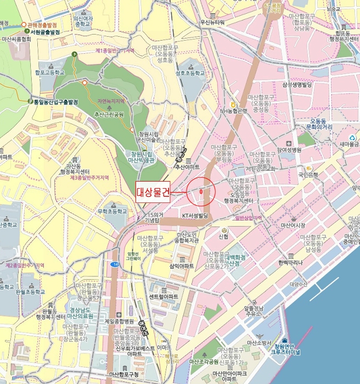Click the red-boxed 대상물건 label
coord(153,191)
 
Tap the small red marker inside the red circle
coord(201,192)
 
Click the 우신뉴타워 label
coord(213,22)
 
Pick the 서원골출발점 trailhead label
coord(53,32)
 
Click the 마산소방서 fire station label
coord(260,343)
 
